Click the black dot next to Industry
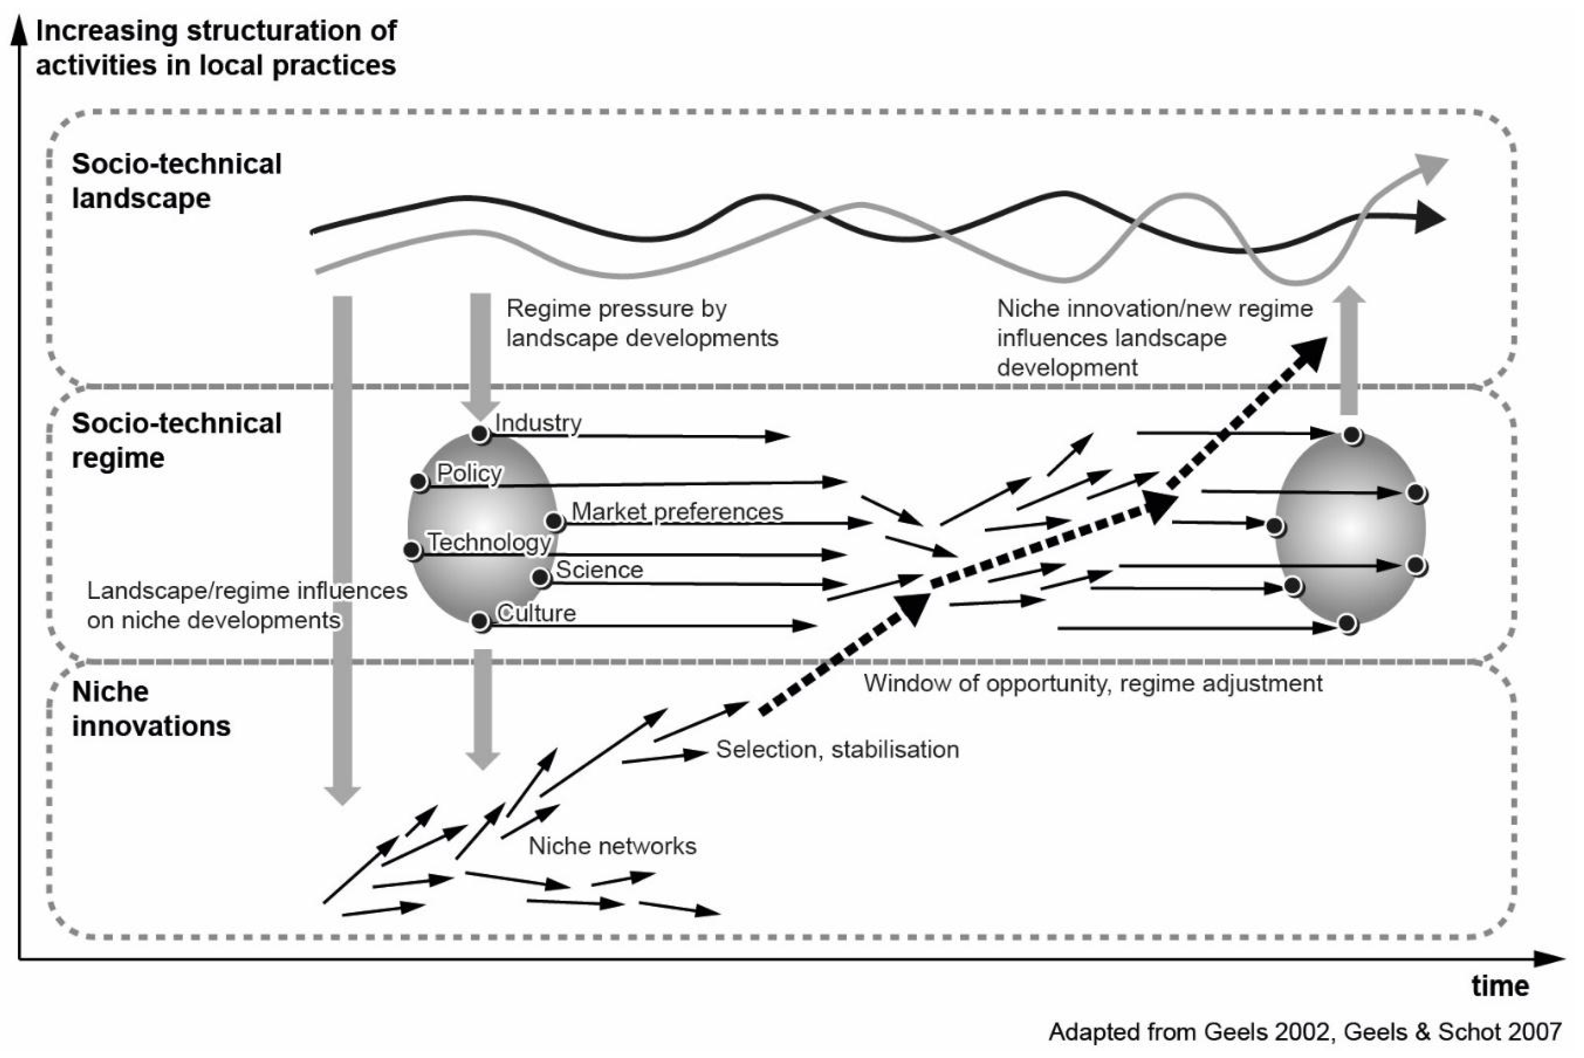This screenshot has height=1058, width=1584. pos(480,433)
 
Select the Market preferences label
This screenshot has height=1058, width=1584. pos(677,512)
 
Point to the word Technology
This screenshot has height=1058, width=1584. pos(489,542)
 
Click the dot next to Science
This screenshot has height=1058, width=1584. pos(541,577)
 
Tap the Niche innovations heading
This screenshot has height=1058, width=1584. pos(151,709)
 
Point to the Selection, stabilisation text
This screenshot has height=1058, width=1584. pos(837,750)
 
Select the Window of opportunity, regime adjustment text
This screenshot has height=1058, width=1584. pos(1093,684)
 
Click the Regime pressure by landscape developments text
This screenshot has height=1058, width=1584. pos(642,323)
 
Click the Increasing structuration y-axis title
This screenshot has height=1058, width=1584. pos(216,48)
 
